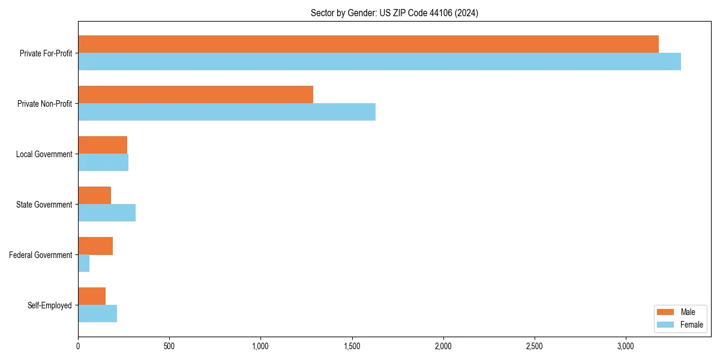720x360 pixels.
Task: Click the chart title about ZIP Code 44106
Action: click(x=394, y=13)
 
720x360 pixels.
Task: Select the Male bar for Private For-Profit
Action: click(x=368, y=44)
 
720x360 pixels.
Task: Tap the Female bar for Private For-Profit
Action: click(x=379, y=62)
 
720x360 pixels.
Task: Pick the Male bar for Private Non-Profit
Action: click(x=196, y=94)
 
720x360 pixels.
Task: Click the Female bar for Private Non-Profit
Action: click(x=227, y=112)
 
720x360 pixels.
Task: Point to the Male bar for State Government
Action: click(x=94, y=195)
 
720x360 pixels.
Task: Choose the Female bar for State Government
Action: click(x=107, y=213)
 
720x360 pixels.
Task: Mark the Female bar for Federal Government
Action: click(x=84, y=263)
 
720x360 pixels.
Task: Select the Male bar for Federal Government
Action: click(x=95, y=245)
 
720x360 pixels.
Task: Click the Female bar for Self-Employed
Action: click(x=97, y=314)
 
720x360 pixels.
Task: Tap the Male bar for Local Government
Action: click(x=103, y=145)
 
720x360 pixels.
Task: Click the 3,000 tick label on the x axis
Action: click(x=625, y=346)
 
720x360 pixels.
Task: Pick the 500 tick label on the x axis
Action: click(x=169, y=346)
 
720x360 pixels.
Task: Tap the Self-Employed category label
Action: click(x=49, y=305)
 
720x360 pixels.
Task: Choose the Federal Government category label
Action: click(x=40, y=255)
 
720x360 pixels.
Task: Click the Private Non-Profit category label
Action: click(x=44, y=104)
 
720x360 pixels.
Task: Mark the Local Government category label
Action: click(x=44, y=154)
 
